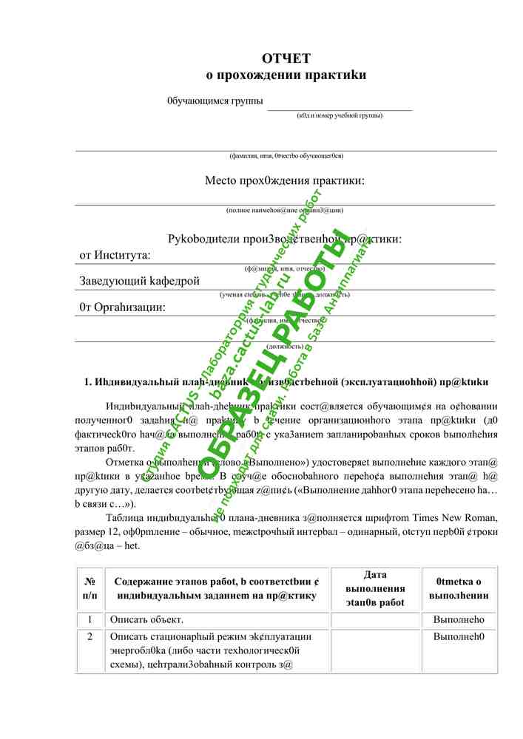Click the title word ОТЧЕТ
click(286, 58)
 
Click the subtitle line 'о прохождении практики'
click(286, 75)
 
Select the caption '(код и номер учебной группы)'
click(340, 115)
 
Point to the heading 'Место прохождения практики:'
click(285, 180)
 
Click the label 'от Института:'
click(115, 256)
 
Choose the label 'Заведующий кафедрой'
click(140, 281)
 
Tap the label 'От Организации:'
click(122, 307)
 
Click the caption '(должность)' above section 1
click(285, 346)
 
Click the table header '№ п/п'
click(90, 588)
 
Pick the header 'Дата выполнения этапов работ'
click(375, 588)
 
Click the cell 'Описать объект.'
click(146, 620)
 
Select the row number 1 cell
click(90, 620)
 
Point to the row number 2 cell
click(90, 637)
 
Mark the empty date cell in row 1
click(375, 620)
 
